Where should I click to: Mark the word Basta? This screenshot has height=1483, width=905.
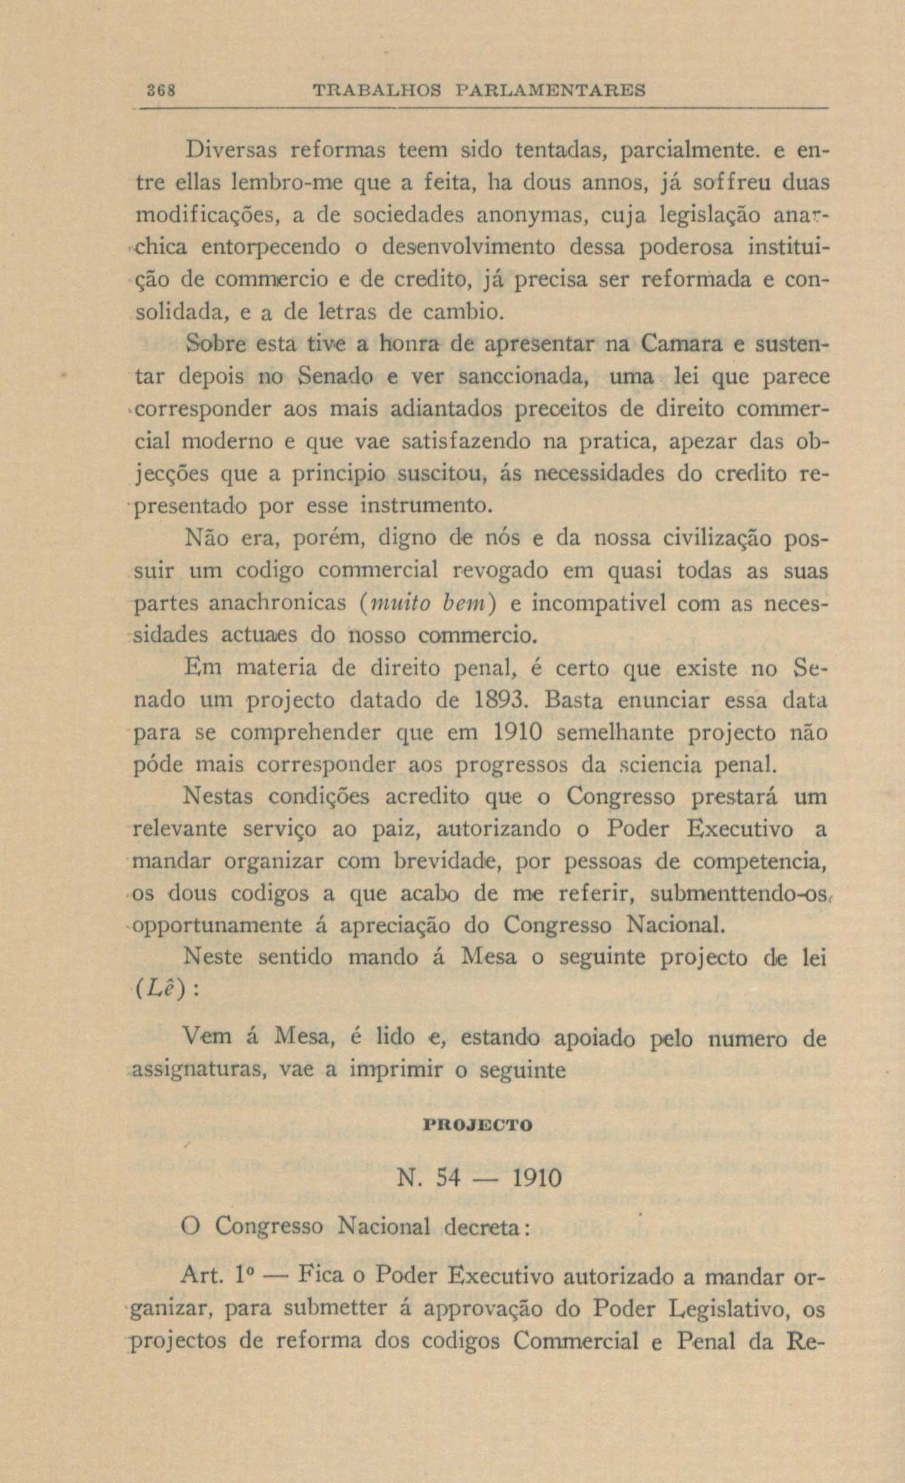coord(573,701)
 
